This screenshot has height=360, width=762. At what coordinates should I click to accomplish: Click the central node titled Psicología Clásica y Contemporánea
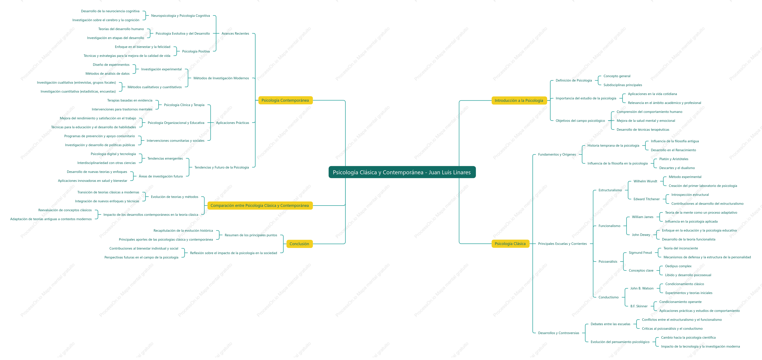click(402, 172)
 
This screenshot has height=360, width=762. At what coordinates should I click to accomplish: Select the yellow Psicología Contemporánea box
click(285, 100)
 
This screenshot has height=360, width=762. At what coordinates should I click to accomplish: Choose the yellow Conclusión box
click(299, 244)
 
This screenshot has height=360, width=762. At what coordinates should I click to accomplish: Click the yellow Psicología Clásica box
click(510, 244)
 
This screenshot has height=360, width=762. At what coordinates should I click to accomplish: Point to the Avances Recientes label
click(235, 33)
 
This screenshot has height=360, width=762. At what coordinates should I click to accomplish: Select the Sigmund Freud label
click(640, 253)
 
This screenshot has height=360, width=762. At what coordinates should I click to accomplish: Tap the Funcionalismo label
click(609, 226)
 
